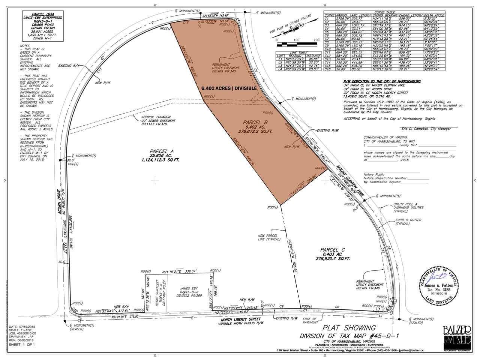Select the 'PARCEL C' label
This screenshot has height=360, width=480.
click(x=330, y=249)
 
